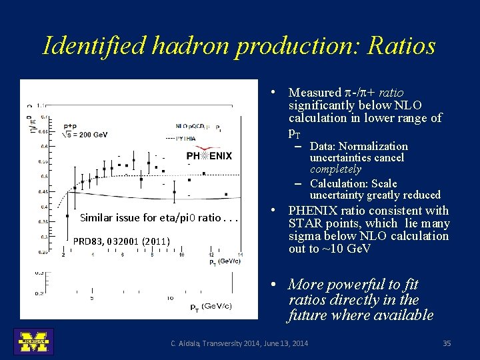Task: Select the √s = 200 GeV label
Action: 85,134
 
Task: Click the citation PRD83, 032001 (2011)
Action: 121,241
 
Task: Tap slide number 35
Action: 447,343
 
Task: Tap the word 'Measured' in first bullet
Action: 315,93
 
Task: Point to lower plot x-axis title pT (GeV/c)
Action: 211,306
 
